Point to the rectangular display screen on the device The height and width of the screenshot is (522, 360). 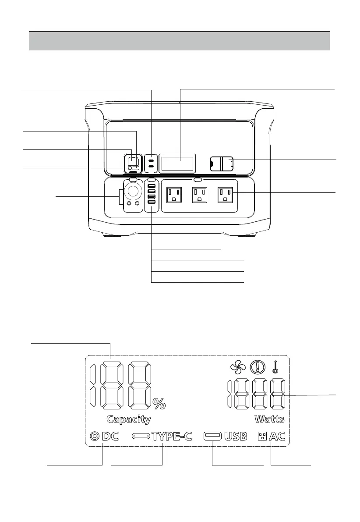pyautogui.click(x=177, y=163)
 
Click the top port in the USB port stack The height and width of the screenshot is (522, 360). pyautogui.click(x=151, y=187)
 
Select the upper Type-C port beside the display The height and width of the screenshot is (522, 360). pyautogui.click(x=151, y=160)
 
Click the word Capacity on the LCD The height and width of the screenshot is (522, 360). pyautogui.click(x=129, y=419)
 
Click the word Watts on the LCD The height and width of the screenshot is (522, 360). pyautogui.click(x=269, y=419)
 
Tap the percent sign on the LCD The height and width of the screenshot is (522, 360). pyautogui.click(x=159, y=403)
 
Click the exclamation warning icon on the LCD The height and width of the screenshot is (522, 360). pyautogui.click(x=256, y=366)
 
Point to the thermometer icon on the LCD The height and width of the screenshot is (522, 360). pyautogui.click(x=275, y=365)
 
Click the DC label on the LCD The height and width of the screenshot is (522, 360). pyautogui.click(x=110, y=437)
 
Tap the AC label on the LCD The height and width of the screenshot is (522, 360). pyautogui.click(x=277, y=437)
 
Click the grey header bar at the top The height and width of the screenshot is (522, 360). pyautogui.click(x=179, y=41)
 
